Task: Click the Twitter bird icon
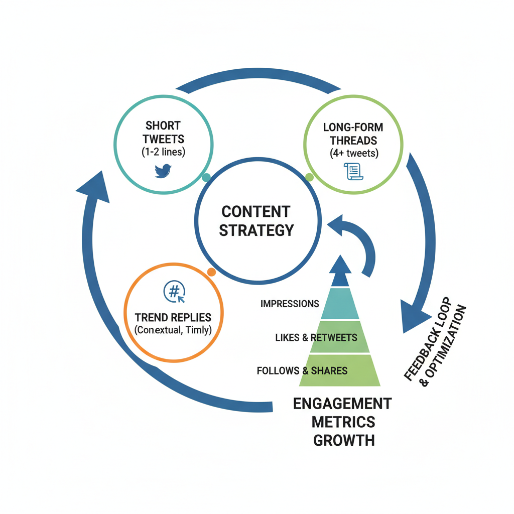point(164,171)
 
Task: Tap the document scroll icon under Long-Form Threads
point(353,172)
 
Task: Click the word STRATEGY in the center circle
point(256,230)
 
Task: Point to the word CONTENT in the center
point(256,211)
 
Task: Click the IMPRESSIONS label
point(290,304)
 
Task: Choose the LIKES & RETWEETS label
point(316,338)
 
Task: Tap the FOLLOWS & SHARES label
point(302,371)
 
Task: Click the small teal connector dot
point(206,178)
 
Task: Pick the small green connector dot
point(309,177)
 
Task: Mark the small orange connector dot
point(211,272)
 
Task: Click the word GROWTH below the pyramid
point(344,440)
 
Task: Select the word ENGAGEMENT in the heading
point(342,404)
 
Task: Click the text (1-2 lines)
point(163,152)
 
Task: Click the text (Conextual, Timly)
point(173,331)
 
